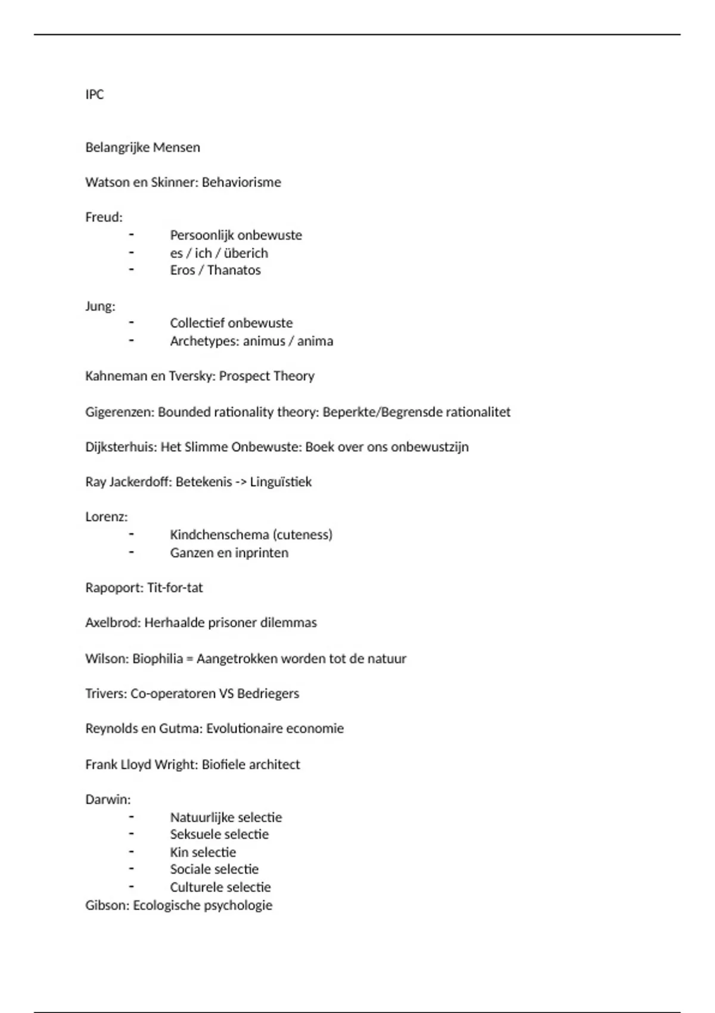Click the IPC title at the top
coord(94,94)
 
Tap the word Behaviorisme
coord(241,182)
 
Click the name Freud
coord(102,217)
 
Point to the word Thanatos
coord(234,270)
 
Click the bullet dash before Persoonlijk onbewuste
coord(131,234)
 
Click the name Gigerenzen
coord(119,412)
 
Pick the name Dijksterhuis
coord(121,447)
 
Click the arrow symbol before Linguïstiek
coord(241,481)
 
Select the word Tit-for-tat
coord(175,588)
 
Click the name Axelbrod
coord(112,623)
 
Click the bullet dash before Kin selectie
coord(131,852)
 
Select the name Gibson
coord(106,905)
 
